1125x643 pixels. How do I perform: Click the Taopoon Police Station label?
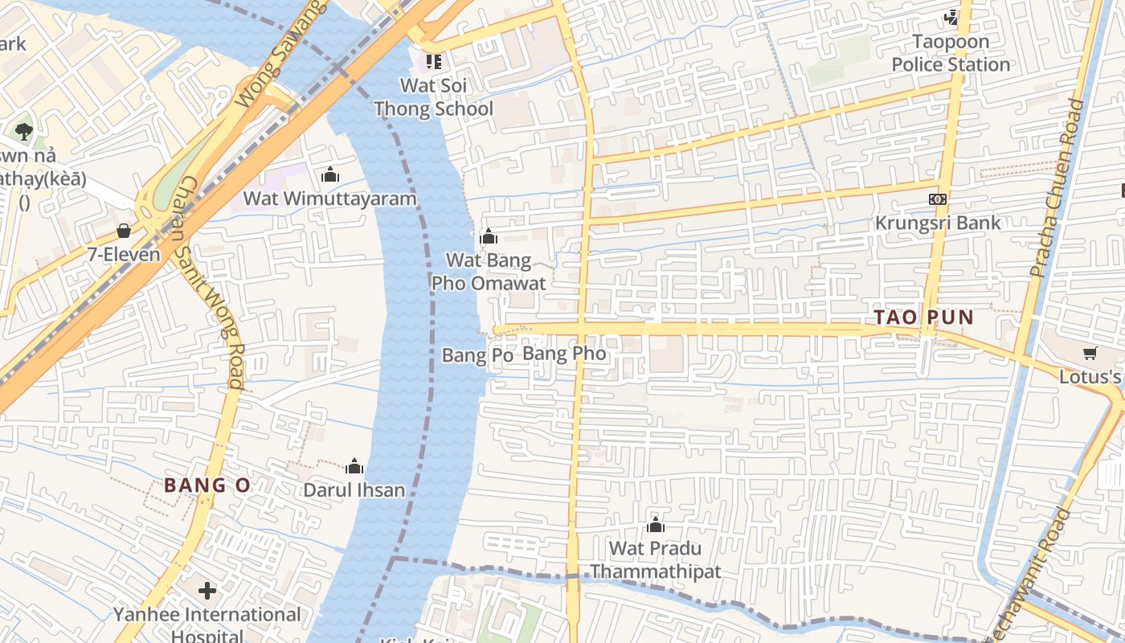tap(951, 53)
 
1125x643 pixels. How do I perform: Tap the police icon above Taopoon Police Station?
tap(951, 17)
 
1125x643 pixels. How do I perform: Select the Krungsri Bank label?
tap(938, 223)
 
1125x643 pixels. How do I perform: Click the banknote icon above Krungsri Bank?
tap(938, 199)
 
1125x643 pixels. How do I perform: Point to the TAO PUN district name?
tap(923, 317)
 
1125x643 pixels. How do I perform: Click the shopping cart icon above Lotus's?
tap(1090, 353)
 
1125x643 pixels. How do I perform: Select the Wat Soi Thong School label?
tap(434, 96)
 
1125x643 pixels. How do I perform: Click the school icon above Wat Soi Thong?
tap(434, 62)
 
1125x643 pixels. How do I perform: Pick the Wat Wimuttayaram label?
tap(330, 199)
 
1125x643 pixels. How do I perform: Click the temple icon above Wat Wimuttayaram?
tap(329, 174)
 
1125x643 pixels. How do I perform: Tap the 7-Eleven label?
tap(124, 255)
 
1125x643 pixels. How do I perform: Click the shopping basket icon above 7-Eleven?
tap(124, 231)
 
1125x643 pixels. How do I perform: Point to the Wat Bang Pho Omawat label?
tap(489, 272)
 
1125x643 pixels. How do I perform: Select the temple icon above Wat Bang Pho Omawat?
tap(488, 236)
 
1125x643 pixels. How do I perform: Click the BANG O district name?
tap(207, 485)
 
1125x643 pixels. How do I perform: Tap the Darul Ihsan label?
tap(354, 489)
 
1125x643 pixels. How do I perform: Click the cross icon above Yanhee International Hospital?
tap(207, 592)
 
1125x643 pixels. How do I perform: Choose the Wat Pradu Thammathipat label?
tap(655, 560)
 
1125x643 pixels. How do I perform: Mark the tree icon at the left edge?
tap(23, 131)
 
